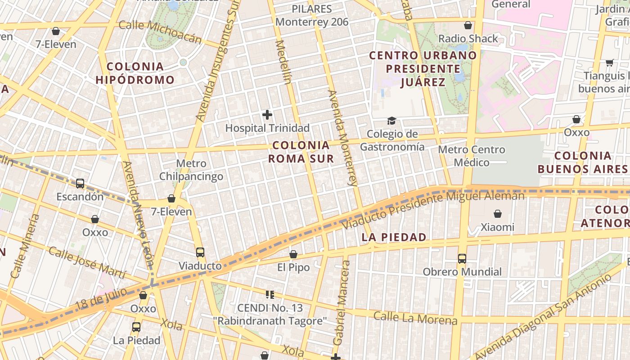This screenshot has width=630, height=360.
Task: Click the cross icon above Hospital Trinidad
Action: pyautogui.click(x=267, y=115)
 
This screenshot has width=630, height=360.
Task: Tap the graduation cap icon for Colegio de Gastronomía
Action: pyautogui.click(x=391, y=121)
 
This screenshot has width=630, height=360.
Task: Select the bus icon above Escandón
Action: pyautogui.click(x=80, y=184)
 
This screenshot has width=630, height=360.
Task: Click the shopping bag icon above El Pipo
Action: pyautogui.click(x=293, y=254)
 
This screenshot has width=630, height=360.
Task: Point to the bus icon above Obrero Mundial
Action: pyautogui.click(x=462, y=259)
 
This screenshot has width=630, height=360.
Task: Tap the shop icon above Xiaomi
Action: pyautogui.click(x=498, y=214)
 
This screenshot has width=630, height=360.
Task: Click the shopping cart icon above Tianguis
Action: pyautogui.click(x=610, y=63)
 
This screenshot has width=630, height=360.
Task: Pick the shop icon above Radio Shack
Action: pyautogui.click(x=468, y=25)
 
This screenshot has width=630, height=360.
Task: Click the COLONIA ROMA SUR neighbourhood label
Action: pyautogui.click(x=301, y=152)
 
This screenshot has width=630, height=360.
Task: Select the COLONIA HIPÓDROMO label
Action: pyautogui.click(x=135, y=73)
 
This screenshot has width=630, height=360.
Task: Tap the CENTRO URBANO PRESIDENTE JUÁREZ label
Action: pyautogui.click(x=423, y=69)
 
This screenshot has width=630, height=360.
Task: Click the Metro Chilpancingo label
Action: pyautogui.click(x=191, y=170)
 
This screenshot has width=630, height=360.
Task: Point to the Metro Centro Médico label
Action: pyautogui.click(x=471, y=156)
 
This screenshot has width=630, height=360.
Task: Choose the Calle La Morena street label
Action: pyautogui.click(x=415, y=318)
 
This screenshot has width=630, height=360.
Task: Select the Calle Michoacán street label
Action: pyautogui.click(x=160, y=31)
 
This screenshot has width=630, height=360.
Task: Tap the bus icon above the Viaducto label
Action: pyautogui.click(x=200, y=252)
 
